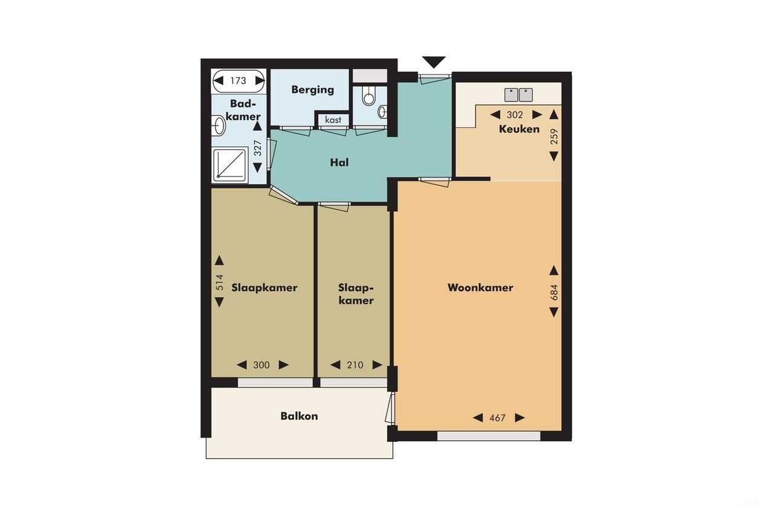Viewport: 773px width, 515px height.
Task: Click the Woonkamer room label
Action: (480, 287)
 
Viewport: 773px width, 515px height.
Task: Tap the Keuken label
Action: (519, 129)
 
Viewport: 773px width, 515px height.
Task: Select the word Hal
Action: (339, 162)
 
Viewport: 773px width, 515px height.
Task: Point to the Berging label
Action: (312, 90)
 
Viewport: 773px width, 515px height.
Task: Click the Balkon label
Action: (299, 416)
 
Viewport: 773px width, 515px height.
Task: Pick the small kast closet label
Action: (333, 120)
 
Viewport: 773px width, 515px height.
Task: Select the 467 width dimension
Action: (498, 418)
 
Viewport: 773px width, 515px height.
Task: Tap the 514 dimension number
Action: (219, 282)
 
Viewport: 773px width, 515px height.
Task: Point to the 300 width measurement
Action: (261, 365)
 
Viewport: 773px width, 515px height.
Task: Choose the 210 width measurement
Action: (356, 365)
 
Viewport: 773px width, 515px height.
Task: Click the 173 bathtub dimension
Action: (238, 80)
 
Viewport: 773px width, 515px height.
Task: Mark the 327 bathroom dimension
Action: (258, 149)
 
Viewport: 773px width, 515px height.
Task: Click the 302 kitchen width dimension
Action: (515, 115)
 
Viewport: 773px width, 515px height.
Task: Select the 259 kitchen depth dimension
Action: (554, 135)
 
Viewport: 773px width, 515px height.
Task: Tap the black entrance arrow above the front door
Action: (434, 62)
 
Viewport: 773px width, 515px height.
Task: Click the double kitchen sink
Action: (519, 94)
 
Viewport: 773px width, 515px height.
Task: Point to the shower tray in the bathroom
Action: (230, 165)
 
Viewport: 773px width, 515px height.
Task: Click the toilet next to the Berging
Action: (368, 95)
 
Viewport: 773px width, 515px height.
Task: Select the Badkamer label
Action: (245, 110)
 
